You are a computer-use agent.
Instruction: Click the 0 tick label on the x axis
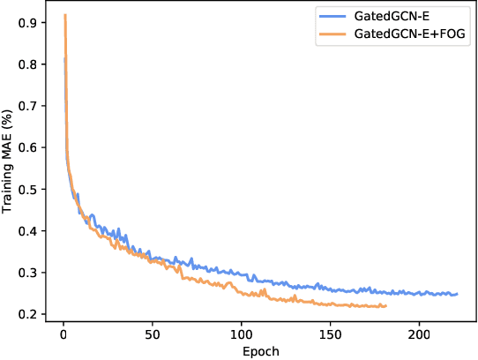coord(63,335)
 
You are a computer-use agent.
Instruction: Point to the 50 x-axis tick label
coord(152,335)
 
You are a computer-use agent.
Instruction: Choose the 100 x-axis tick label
coord(242,335)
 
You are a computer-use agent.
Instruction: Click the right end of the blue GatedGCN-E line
coord(458,294)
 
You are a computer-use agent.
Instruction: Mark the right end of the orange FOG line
coord(386,306)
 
